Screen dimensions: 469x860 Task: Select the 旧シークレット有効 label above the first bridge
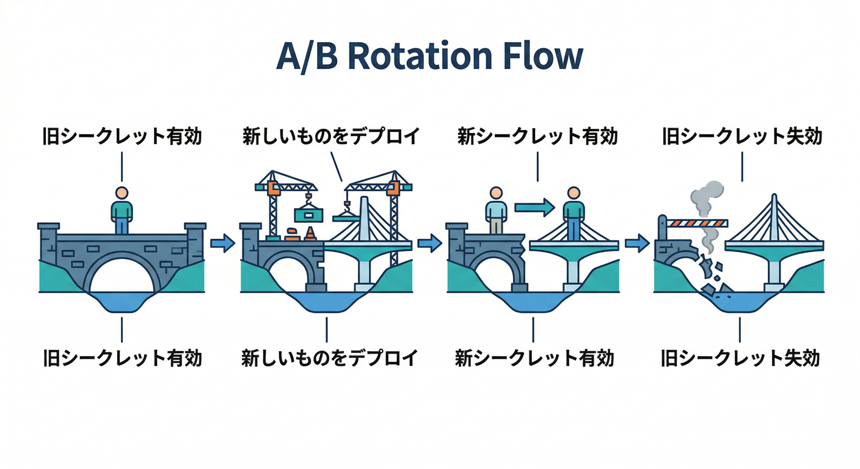pyautogui.click(x=122, y=136)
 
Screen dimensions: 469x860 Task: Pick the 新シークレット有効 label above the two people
pyautogui.click(x=537, y=136)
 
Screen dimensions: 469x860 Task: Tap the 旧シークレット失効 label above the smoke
pyautogui.click(x=742, y=136)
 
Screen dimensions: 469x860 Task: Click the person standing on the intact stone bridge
pyautogui.click(x=122, y=210)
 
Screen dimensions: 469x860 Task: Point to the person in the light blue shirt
pyautogui.click(x=495, y=210)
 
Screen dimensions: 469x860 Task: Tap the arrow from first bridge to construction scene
pyautogui.click(x=222, y=244)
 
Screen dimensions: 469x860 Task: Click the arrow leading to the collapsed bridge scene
pyautogui.click(x=636, y=244)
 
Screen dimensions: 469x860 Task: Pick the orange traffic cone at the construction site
pyautogui.click(x=310, y=233)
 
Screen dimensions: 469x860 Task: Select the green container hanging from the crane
pyautogui.click(x=308, y=214)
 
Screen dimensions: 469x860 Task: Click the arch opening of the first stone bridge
pyautogui.click(x=122, y=275)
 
